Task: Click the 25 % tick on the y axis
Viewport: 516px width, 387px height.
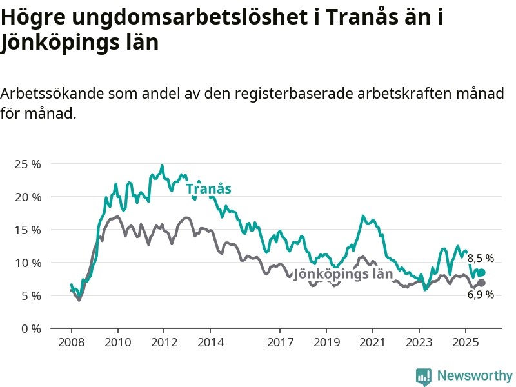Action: coord(27,164)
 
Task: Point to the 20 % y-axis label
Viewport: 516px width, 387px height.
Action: coord(27,197)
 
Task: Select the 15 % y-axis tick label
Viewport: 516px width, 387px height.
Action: coord(27,230)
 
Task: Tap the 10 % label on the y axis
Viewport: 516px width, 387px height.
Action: coord(27,263)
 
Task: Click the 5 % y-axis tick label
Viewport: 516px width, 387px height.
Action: coord(30,295)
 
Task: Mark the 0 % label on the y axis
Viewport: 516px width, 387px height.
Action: coord(30,328)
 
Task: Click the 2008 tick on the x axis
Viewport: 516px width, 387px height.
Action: coord(72,341)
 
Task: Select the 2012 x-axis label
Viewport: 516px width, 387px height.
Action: coord(164,341)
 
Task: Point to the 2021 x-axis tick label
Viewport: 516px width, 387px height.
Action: coord(373,341)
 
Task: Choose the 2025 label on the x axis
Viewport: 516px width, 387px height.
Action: coord(466,341)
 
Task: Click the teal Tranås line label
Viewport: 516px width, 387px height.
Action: coord(208,189)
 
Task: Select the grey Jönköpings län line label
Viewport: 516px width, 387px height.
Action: coord(343,273)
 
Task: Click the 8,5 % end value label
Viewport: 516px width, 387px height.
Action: coord(481,259)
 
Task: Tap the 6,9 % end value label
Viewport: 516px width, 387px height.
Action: coord(481,294)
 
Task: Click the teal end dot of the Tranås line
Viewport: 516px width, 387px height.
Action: coord(481,272)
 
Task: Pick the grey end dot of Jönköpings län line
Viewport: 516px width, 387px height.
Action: coord(481,283)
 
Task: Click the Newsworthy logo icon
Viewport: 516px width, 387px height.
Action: coord(424,376)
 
